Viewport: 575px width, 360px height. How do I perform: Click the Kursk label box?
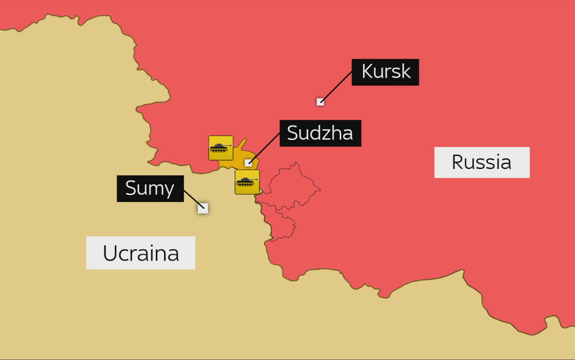click(385, 72)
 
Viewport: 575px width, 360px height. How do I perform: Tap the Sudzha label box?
click(320, 133)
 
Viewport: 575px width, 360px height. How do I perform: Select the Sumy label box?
click(150, 188)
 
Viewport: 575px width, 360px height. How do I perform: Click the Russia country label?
click(482, 162)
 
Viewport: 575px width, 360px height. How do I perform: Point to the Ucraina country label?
click(140, 253)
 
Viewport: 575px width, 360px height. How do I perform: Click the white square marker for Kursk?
click(320, 102)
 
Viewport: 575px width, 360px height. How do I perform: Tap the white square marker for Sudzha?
click(248, 163)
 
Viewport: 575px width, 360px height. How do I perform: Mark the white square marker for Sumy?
click(203, 208)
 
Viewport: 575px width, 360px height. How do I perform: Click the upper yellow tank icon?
click(221, 148)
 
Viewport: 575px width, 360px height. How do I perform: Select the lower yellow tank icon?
click(247, 182)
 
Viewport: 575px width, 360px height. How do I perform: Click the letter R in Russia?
click(458, 162)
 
